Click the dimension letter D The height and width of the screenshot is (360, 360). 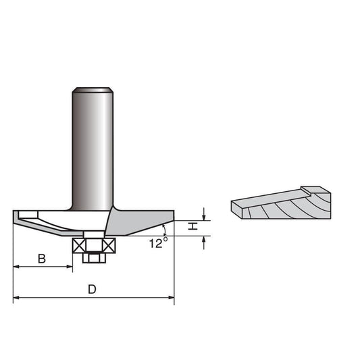[x=93, y=289]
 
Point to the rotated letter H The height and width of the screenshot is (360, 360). [x=192, y=227]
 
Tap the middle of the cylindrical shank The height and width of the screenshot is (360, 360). [x=93, y=145]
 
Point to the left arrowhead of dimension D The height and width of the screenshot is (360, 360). [x=17, y=297]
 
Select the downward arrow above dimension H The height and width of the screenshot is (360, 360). [x=204, y=215]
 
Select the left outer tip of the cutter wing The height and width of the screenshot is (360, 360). [x=14, y=214]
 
